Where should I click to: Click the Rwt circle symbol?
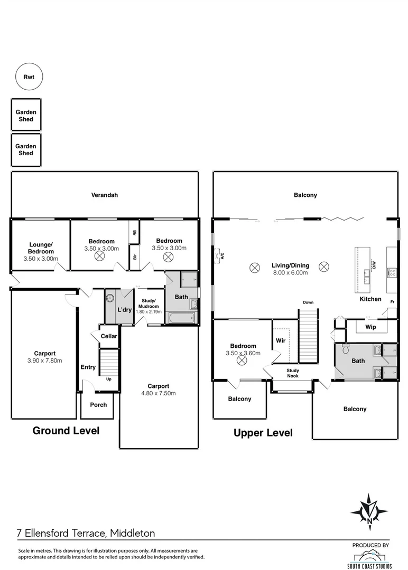[x=29, y=77]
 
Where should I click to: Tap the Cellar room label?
[x=109, y=336]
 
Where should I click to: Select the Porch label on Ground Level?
[x=98, y=405]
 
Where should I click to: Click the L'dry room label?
[x=125, y=309]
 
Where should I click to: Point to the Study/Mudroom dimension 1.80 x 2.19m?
[x=147, y=311]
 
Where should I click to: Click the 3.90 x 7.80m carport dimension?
[x=45, y=361]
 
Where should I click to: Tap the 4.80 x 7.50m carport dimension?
[x=159, y=393]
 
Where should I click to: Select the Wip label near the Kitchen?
[x=370, y=327]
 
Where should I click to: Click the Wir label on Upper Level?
[x=281, y=340]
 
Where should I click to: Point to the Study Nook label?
[x=293, y=373]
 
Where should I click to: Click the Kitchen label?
[x=370, y=299]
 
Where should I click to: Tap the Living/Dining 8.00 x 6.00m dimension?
[x=290, y=273]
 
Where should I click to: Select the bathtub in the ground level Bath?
[x=181, y=318]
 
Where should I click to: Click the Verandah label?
[x=105, y=195]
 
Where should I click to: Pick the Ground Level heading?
[x=66, y=431]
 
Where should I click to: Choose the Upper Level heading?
[x=263, y=433]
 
